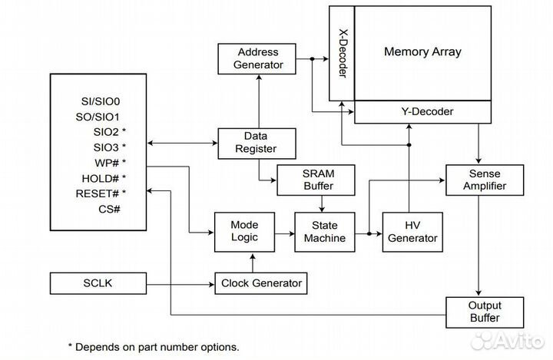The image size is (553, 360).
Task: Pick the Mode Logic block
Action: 245,230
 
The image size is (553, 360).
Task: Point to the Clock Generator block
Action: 260,283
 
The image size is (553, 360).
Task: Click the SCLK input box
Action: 98,283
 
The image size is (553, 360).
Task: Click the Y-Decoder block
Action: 422,112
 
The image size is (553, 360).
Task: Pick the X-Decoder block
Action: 341,53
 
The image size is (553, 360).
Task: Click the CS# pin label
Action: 109,209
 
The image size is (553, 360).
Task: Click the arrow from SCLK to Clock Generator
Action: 181,283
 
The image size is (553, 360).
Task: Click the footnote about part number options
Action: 154,346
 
